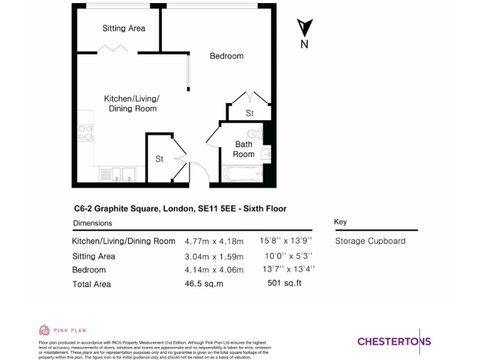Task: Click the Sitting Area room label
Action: tap(124, 28)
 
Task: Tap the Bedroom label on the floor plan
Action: tap(226, 56)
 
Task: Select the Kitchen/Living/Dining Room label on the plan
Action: tap(131, 104)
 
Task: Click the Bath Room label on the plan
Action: tap(244, 149)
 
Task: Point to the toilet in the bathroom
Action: tap(255, 134)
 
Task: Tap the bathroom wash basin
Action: tap(266, 153)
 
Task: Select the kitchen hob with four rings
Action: tap(86, 132)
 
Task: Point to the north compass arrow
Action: tap(304, 29)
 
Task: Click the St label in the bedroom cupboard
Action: tap(249, 113)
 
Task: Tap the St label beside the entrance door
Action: tap(159, 159)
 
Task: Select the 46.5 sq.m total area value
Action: tap(204, 284)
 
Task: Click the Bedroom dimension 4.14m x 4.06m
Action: tap(214, 270)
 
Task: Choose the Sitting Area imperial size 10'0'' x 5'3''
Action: tap(288, 256)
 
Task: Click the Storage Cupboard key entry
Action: tap(370, 241)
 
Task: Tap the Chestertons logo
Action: tap(394, 341)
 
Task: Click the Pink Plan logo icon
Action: tap(44, 330)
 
